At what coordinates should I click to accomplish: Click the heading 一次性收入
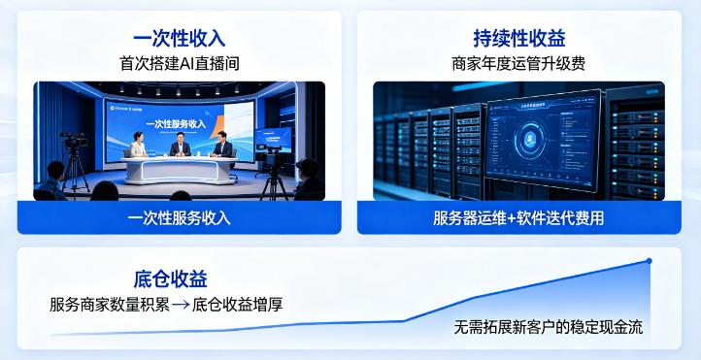click(179, 38)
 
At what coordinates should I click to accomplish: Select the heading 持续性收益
click(519, 38)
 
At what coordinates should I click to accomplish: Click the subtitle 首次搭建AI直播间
click(179, 64)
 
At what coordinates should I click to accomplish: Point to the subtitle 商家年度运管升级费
click(519, 64)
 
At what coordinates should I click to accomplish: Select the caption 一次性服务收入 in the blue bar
click(179, 217)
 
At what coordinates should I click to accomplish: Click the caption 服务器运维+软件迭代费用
click(519, 217)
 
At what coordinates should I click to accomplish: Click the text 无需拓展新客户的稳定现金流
click(548, 327)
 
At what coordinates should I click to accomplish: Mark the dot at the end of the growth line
click(649, 260)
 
